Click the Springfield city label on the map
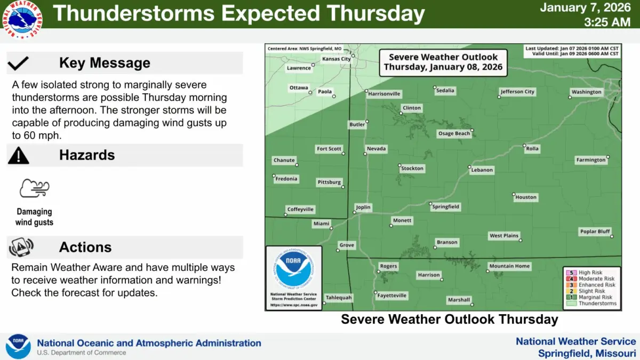click(445, 206)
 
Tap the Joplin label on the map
click(363, 207)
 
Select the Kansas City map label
click(337, 59)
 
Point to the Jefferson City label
click(517, 92)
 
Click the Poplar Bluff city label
click(595, 231)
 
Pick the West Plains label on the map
click(503, 236)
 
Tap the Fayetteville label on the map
click(391, 295)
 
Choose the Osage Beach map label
click(454, 133)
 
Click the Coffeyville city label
click(300, 210)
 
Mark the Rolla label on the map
click(532, 149)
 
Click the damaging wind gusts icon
click(35, 189)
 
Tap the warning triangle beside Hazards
click(19, 155)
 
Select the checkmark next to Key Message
click(19, 63)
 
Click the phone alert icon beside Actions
click(21, 247)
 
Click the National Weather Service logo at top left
click(22, 20)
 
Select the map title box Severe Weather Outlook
click(443, 62)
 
